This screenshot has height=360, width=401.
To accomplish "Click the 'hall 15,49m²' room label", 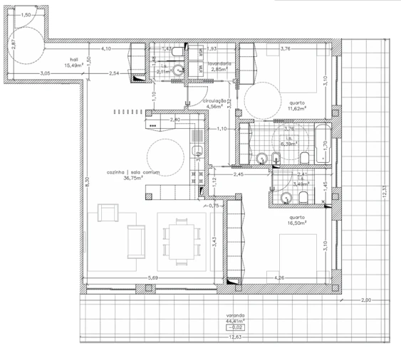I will [73, 63].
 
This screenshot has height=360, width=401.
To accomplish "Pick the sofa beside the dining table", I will [135, 241].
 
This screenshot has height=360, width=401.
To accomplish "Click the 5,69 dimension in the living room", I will [152, 277].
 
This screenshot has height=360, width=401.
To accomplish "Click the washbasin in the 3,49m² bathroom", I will [274, 188].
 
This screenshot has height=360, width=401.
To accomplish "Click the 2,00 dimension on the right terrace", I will [365, 300].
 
